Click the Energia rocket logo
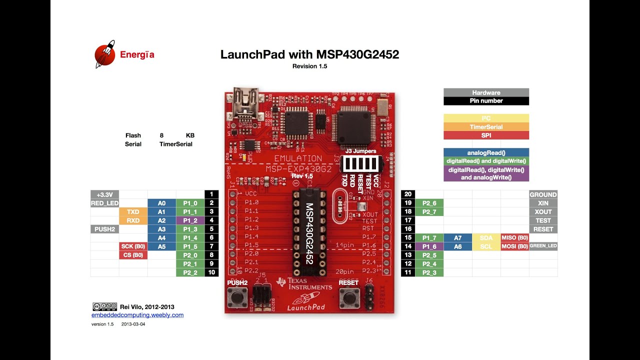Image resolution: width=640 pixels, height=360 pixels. pos(105,54)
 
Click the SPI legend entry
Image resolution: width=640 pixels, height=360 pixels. pos(486,135)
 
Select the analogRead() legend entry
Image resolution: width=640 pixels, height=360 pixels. pos(486,152)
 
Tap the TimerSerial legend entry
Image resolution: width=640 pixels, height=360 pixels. pos(486,127)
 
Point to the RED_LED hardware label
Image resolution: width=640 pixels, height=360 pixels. pos(104,203)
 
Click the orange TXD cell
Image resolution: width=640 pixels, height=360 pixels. pos(133,211)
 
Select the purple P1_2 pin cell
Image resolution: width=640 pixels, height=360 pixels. pos(190,220)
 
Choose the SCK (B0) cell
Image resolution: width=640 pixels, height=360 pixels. pos(133,246)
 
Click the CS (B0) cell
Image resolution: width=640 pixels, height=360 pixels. pos(133,255)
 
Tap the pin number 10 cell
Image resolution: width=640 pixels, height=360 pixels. pos(211,272)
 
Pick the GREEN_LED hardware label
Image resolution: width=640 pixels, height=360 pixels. pos(543,246)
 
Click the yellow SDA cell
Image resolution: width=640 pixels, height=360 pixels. pos(486,237)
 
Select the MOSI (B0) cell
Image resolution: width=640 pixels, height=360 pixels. pos(515,246)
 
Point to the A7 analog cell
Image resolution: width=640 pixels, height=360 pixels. pos(457,237)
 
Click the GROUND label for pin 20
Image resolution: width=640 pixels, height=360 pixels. pos(543,194)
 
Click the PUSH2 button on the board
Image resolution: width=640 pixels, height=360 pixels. pos(237,297)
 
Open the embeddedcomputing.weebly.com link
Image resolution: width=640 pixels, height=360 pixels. pos(137,315)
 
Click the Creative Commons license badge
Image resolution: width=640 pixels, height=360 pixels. pos(104,306)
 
